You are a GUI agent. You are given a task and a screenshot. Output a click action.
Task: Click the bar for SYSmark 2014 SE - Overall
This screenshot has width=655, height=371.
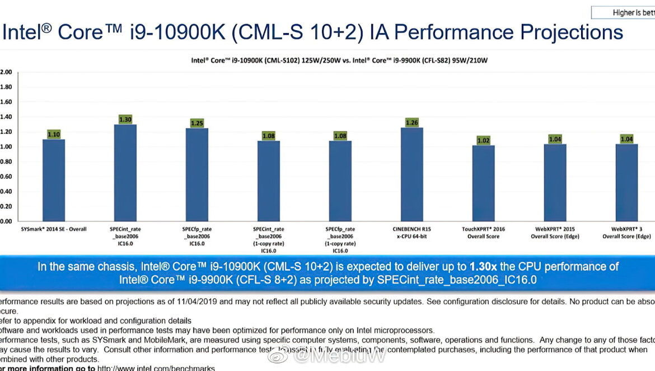pos(54,180)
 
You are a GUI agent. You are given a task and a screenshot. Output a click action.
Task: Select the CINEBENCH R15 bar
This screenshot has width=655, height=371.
pos(412,174)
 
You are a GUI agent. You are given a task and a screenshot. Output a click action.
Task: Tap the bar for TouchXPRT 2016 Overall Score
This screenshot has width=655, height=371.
pos(483,183)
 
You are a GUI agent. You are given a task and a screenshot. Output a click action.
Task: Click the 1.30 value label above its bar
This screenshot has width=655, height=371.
pos(125,119)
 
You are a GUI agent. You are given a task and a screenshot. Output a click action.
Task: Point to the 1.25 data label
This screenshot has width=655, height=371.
pos(197,123)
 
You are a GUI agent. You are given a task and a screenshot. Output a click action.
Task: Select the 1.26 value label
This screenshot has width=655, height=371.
pos(412,122)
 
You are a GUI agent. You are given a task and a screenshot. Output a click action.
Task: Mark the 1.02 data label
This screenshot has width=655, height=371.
pos(483,141)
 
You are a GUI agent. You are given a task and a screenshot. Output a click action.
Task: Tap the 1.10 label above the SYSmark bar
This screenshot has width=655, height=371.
pos(54,135)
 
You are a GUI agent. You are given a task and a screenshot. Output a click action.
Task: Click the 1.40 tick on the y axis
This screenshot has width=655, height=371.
pos(6,117)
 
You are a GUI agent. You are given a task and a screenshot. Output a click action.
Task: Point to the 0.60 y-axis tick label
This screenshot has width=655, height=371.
pos(6,177)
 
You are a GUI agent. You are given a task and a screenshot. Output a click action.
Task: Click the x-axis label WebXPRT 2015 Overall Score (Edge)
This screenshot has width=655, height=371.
pos(555,233)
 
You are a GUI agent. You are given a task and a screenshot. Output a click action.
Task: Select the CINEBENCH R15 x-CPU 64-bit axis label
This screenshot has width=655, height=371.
pos(412,233)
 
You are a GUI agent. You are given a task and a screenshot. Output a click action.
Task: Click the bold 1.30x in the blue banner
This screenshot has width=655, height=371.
pos(486,267)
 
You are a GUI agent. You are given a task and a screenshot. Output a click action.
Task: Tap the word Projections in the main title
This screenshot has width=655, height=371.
pos(571,32)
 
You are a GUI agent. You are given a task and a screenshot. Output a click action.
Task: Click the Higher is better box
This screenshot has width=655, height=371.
pos(624,12)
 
